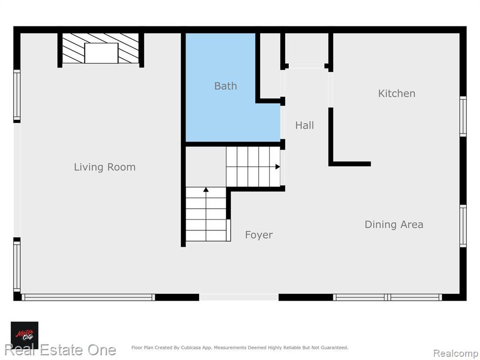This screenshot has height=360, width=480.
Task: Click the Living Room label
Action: coord(105,167)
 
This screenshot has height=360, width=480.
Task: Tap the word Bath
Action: coord(225,86)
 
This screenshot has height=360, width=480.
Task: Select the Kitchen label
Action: coord(397,93)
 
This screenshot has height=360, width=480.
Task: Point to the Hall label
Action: coord(305,125)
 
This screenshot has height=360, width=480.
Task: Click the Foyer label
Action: coord(259,235)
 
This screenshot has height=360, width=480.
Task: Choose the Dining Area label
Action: coord(394,225)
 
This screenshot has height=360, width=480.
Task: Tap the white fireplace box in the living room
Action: coord(101,53)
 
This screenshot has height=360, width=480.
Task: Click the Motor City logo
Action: coord(24,335)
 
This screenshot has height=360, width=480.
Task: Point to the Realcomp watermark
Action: coord(456,353)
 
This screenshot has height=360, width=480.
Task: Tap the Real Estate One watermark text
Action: coord(60,350)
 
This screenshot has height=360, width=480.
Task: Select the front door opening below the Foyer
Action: coord(239,297)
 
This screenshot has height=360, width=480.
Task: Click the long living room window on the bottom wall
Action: coord(88,297)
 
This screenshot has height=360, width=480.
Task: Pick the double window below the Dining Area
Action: coord(388,297)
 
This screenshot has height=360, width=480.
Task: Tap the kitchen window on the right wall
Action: coord(463,117)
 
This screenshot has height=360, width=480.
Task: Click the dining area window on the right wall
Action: coord(463,226)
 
